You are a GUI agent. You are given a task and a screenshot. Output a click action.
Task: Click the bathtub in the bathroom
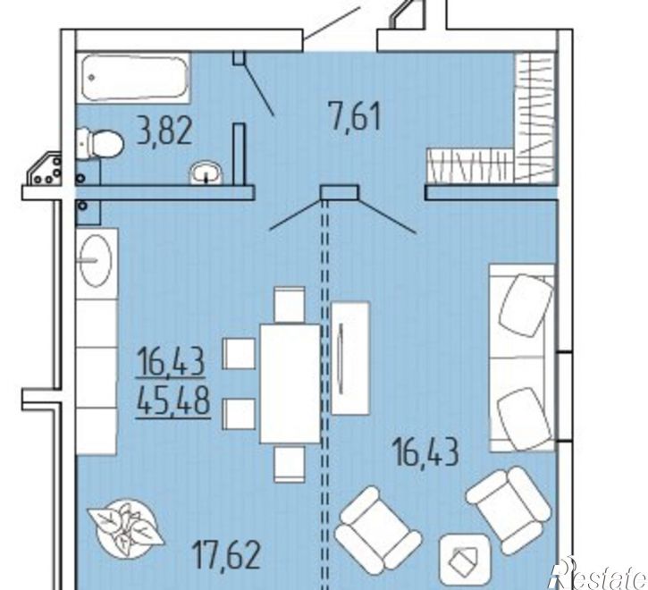[x=133, y=77]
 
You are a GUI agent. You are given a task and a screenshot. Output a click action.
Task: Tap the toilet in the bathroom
[x=100, y=143]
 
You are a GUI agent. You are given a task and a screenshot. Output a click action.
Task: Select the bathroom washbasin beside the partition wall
[x=206, y=173]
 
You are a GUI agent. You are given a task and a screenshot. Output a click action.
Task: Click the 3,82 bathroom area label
[x=164, y=131]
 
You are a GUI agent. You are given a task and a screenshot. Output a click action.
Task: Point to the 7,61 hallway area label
[x=354, y=116]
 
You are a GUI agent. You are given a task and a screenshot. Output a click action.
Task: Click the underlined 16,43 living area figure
[x=171, y=362]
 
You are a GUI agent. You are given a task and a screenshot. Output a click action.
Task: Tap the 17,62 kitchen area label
[x=227, y=555]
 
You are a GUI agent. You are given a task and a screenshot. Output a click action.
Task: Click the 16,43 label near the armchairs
[x=426, y=452]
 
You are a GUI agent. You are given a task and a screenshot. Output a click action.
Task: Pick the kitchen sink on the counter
[x=96, y=261]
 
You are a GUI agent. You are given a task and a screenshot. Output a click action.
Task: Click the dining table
[x=290, y=383]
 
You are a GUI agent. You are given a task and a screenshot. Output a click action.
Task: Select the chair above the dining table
[x=290, y=305]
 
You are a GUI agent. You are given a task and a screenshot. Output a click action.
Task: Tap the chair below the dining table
[x=290, y=463]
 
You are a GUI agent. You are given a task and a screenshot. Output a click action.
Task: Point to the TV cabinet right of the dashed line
[x=350, y=358]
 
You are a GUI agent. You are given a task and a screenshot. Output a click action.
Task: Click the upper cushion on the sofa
[x=526, y=306]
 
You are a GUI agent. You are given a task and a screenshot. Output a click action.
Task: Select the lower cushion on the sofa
[x=524, y=419]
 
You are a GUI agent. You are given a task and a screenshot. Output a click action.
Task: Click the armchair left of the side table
[x=378, y=531]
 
